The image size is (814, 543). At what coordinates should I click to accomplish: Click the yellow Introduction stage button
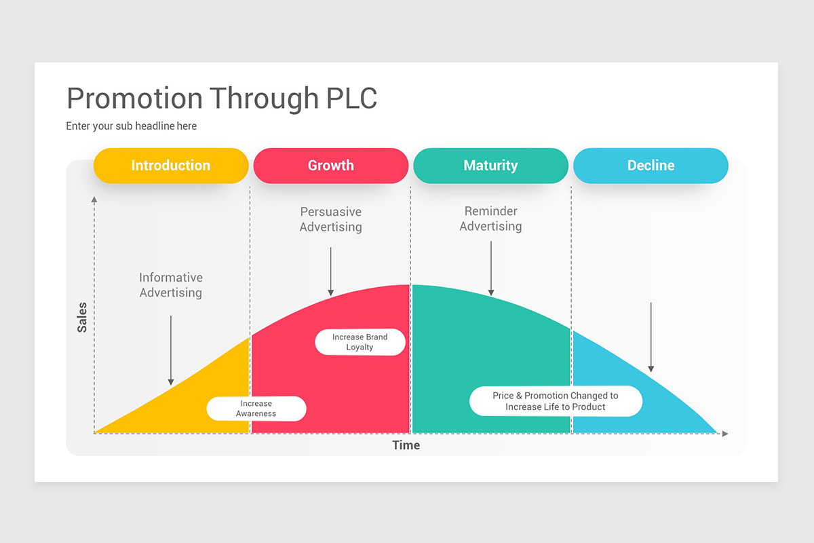point(170,166)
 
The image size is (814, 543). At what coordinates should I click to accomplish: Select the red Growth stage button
point(330,166)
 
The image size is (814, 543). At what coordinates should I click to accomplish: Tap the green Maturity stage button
point(490,166)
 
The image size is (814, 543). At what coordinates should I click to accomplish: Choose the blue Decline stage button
point(651,166)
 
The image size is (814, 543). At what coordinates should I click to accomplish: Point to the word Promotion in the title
point(134,98)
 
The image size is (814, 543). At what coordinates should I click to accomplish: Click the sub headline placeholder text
point(131,126)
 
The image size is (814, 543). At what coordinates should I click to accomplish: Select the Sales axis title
point(82,318)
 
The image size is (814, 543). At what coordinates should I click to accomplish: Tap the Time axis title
point(406,445)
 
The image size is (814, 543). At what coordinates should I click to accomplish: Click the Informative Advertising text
point(171,285)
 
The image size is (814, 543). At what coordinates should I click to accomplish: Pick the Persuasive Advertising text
point(330,219)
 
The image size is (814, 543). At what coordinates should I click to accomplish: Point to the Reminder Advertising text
point(490,219)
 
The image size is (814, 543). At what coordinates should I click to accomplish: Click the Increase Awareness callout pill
point(256,409)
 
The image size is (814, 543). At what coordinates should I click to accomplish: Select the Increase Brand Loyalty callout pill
point(360,342)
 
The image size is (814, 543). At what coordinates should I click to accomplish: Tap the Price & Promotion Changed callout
point(555,401)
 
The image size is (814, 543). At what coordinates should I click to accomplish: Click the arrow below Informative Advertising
point(171,350)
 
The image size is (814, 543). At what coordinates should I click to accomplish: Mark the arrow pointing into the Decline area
point(651,337)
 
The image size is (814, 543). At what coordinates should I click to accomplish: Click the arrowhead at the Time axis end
point(725,433)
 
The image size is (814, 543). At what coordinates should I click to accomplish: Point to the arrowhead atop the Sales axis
point(94,199)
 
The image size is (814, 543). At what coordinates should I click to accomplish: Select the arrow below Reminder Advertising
point(490,269)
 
